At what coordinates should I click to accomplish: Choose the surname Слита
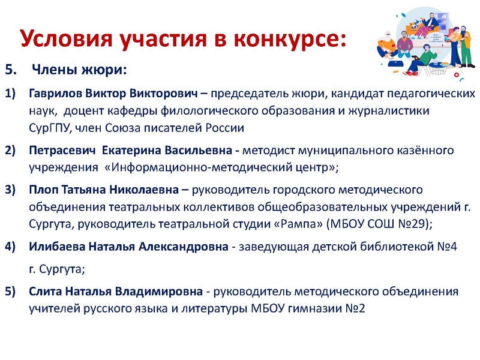(x=44, y=292)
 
